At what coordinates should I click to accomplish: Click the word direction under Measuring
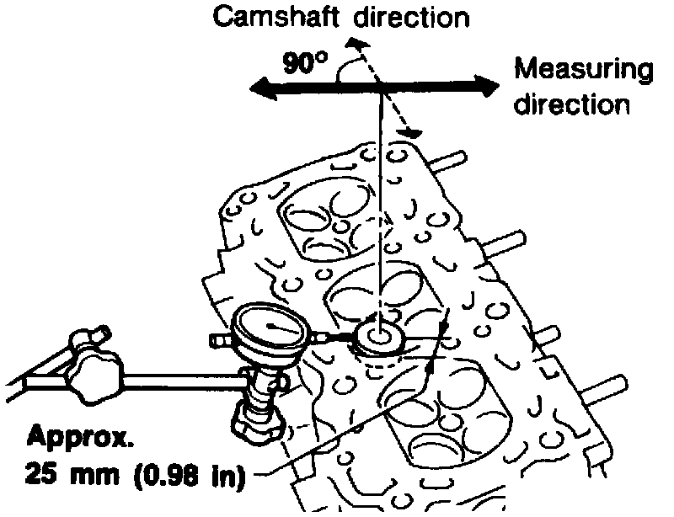[x=572, y=104]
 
